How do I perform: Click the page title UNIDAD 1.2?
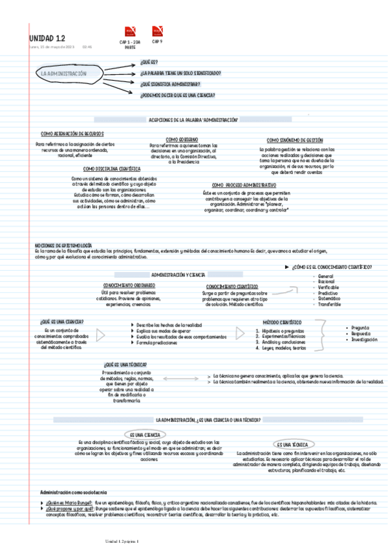point(47,38)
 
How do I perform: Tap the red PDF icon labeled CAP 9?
point(157,31)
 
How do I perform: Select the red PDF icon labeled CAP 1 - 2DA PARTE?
point(129,32)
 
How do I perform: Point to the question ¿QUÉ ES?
point(149,63)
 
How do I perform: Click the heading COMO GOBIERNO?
point(182,139)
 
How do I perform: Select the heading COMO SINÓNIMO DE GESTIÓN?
point(295,140)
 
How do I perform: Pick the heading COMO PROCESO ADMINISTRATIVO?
point(239,185)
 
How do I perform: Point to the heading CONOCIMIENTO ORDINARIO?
point(129,285)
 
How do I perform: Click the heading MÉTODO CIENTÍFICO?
point(282,321)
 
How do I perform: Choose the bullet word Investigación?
point(364,339)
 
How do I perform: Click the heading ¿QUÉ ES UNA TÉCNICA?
point(125,365)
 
